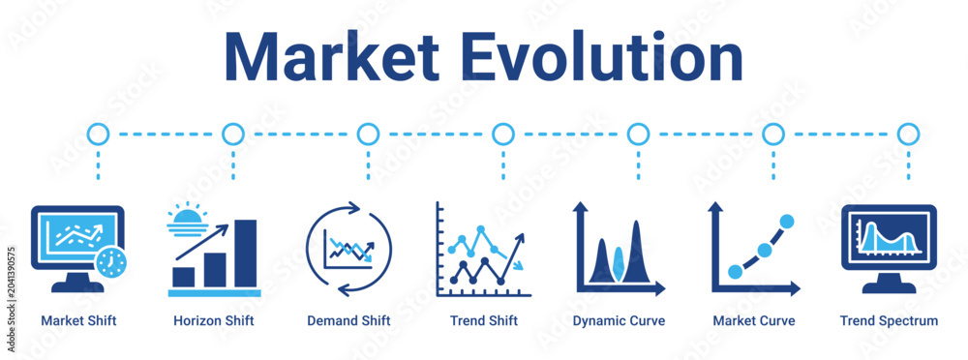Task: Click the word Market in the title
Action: tap(331, 56)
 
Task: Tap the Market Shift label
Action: tap(78, 321)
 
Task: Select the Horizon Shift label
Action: tap(214, 321)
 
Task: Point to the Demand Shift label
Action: tap(348, 321)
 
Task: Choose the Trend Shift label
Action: tap(484, 321)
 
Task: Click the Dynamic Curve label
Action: tap(620, 321)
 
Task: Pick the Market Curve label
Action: tap(754, 321)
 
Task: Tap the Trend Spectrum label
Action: tap(889, 321)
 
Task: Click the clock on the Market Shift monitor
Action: tap(111, 262)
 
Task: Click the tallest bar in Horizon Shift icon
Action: tap(245, 254)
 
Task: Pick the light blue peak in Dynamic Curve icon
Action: tap(619, 263)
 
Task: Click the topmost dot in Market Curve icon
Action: tap(786, 221)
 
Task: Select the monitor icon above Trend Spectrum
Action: tap(889, 249)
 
